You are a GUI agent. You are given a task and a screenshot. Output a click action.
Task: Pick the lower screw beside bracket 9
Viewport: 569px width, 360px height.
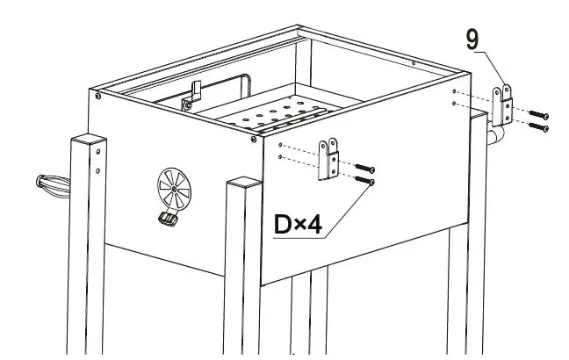[x=539, y=128]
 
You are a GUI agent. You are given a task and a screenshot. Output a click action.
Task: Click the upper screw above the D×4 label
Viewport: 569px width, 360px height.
[x=367, y=168]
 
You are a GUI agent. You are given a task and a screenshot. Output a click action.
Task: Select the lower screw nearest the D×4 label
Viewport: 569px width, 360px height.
[x=367, y=181]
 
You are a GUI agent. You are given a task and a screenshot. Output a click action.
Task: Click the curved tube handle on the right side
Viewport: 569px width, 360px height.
[x=496, y=136]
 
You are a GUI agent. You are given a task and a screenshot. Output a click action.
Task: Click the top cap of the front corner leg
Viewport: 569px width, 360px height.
[x=243, y=182]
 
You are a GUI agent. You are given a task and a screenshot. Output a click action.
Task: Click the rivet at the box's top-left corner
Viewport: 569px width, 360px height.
[x=97, y=97]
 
